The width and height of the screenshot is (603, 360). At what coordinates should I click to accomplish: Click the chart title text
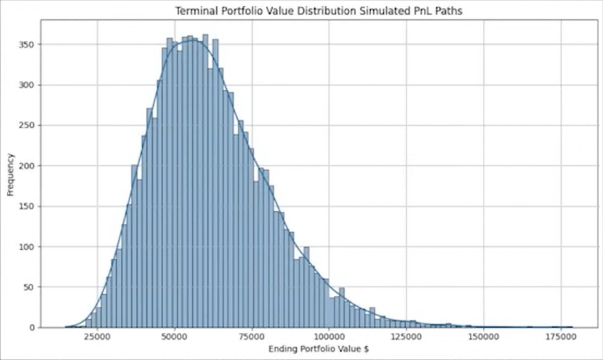319,11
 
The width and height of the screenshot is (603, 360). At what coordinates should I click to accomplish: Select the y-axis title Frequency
10,174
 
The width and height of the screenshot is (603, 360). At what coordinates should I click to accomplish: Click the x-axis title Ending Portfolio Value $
319,349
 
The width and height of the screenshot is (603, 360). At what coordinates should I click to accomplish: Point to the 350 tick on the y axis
27,45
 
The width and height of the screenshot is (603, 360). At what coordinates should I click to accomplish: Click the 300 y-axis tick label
27,85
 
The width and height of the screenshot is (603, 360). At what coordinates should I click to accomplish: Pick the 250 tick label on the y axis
27,126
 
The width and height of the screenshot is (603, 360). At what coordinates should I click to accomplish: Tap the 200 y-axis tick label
27,166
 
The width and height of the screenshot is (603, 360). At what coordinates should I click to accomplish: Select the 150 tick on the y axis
27,206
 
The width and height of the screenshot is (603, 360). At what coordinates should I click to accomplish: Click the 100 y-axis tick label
27,247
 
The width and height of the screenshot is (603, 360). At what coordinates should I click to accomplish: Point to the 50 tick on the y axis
29,287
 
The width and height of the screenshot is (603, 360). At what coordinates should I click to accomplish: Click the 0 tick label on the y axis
32,328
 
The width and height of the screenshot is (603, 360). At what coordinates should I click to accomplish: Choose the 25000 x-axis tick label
97,337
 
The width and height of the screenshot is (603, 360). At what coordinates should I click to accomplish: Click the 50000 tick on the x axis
175,337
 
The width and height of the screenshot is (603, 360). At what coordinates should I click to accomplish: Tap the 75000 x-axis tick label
252,337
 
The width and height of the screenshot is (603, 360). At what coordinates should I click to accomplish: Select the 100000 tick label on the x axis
329,337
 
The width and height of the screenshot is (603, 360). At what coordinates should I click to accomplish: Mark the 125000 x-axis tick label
406,337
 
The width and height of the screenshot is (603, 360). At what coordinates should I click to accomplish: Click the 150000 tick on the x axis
483,337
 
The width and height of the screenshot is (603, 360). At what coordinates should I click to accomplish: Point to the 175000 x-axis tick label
561,337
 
